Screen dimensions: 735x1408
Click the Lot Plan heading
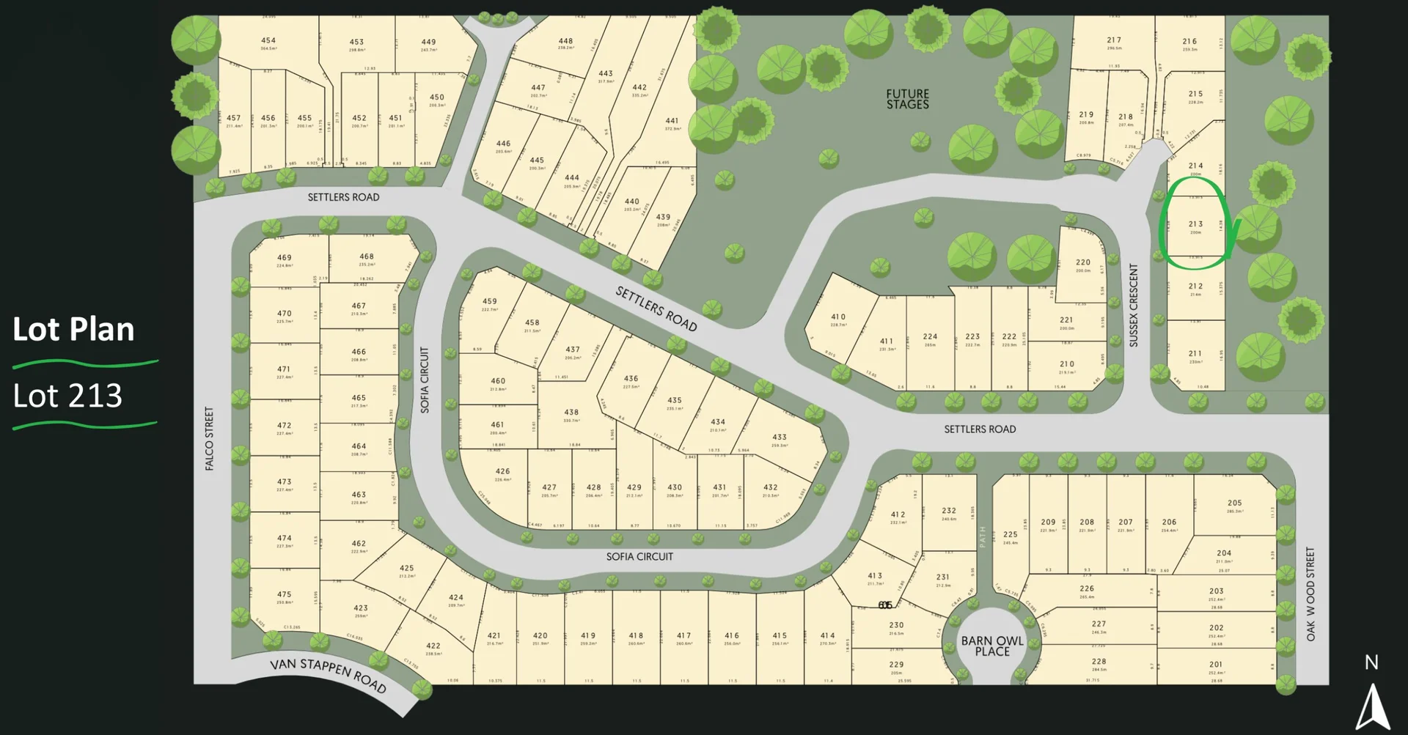[73, 330]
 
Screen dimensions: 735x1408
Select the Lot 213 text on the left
[67, 396]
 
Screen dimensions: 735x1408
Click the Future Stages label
[907, 99]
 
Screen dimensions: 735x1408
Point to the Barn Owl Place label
[992, 646]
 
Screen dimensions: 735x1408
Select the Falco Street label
[210, 438]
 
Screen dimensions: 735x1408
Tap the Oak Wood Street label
[1310, 594]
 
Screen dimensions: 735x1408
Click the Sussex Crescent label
[1134, 305]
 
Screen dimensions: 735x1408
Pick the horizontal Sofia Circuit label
[639, 557]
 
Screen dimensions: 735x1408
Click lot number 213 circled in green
[1195, 224]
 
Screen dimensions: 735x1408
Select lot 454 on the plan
[268, 41]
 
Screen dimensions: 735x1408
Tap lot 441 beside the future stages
[672, 121]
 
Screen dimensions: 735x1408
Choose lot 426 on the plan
[502, 472]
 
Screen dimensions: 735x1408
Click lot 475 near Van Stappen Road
[284, 594]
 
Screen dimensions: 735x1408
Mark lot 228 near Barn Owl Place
[1099, 661]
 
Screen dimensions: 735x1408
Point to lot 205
[1235, 503]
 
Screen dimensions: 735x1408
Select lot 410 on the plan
[838, 317]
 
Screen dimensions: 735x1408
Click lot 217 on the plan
[1114, 40]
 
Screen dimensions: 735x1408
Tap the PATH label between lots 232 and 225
[983, 536]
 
